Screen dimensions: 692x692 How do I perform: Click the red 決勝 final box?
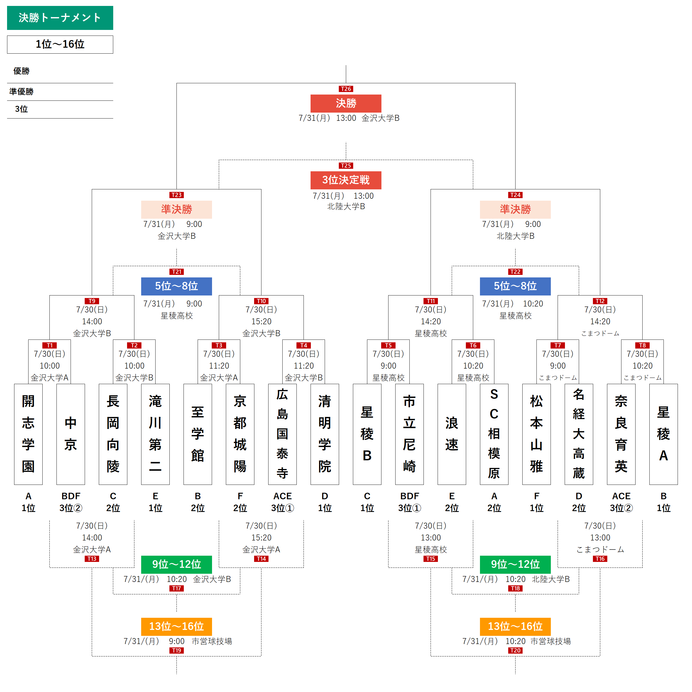(x=346, y=103)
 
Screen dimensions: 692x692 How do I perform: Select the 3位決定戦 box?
(x=346, y=180)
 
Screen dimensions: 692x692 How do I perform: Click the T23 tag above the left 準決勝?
(x=176, y=195)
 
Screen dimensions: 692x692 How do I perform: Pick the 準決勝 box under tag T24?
(x=515, y=209)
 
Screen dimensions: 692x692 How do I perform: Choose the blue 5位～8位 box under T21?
(x=176, y=286)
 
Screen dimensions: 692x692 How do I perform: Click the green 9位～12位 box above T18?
(x=515, y=564)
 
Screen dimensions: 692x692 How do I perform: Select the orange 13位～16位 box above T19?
(x=176, y=626)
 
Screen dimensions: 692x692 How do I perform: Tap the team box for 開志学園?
(x=28, y=434)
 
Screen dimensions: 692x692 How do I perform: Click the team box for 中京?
(x=71, y=434)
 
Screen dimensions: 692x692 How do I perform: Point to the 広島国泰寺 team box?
(x=282, y=434)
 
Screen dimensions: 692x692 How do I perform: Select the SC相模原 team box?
(x=494, y=434)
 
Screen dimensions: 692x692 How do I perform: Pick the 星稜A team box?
(x=663, y=434)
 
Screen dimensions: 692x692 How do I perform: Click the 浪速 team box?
(x=451, y=434)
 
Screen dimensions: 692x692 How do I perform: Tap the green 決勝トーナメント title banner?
(x=60, y=17)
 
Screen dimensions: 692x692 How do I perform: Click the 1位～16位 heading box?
(x=60, y=44)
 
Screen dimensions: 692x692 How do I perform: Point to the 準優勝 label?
(x=21, y=92)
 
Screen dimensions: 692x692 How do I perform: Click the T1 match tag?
(x=49, y=345)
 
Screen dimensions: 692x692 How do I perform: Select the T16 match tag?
(x=600, y=559)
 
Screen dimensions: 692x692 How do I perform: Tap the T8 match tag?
(x=642, y=345)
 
